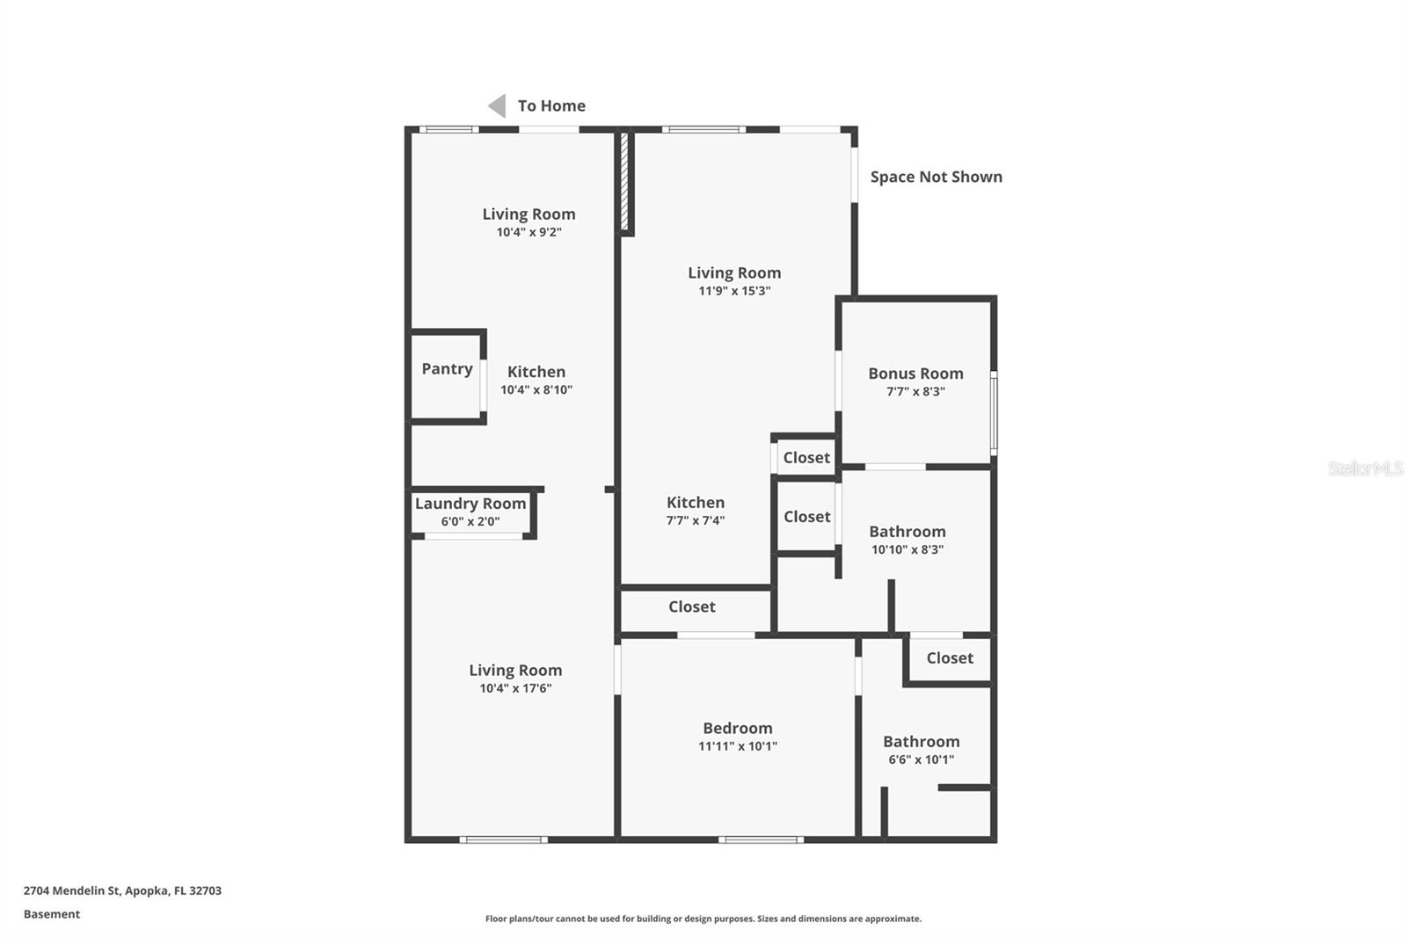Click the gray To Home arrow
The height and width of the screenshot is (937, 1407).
coord(497,106)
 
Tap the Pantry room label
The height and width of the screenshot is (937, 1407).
coord(447,369)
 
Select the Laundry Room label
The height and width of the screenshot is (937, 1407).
coord(470,504)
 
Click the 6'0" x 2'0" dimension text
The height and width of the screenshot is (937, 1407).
coord(470,521)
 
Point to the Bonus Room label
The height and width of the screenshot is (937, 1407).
coord(915,374)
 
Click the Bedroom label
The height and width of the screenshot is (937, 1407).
coord(737,728)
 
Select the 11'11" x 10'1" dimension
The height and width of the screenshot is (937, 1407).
coord(737,746)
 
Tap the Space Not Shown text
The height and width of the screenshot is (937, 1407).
coord(936,177)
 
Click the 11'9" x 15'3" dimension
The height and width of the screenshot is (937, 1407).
coord(734,291)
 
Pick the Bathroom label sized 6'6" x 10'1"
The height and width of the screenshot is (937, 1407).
coord(921,742)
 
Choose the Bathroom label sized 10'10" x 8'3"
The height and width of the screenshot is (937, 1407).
coord(907,532)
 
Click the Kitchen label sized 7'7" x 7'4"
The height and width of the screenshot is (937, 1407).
coord(695,503)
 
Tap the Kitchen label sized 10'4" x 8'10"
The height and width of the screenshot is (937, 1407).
coord(536,372)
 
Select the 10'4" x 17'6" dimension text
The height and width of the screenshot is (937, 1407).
coord(515,688)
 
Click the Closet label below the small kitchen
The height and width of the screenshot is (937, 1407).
coord(691,607)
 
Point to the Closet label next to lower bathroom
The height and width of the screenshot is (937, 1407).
coord(949,657)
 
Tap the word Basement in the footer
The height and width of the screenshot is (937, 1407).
coord(52,914)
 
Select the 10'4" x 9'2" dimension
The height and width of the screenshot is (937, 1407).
coord(529,232)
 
